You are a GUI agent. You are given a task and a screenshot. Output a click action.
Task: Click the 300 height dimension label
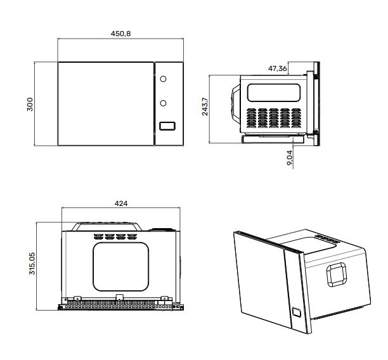coord(29,105)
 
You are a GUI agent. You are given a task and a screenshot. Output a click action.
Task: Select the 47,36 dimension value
coord(278,68)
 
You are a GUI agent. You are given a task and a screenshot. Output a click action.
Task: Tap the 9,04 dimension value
coord(290,158)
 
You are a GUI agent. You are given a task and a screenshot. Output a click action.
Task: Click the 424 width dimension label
coord(120,203)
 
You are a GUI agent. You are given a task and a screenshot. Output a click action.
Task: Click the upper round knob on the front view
coord(164,80)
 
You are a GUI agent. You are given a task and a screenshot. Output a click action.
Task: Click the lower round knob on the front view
coord(164,103)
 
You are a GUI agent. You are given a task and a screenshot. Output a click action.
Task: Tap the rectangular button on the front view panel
coord(167,125)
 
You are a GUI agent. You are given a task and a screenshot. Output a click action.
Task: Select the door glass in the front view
coord(106,104)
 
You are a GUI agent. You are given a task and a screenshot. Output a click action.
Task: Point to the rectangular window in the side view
coord(274,93)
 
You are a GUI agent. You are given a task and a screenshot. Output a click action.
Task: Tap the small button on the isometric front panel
coord(296,312)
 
